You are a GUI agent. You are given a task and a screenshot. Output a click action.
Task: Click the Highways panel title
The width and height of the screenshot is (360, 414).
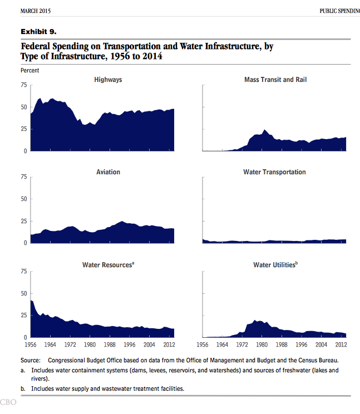tap(108, 80)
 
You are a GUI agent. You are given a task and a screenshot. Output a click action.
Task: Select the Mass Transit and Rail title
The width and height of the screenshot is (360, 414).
tap(275, 80)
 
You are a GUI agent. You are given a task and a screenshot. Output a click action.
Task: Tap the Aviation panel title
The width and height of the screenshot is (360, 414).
tap(108, 172)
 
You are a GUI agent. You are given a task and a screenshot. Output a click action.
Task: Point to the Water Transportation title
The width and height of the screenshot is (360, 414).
tap(274, 172)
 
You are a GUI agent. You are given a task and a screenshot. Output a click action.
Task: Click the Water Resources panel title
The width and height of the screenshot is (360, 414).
tap(108, 264)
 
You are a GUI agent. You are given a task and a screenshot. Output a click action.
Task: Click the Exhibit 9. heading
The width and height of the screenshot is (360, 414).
tap(38, 32)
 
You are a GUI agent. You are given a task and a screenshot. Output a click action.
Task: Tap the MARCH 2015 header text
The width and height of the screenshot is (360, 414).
tap(36, 11)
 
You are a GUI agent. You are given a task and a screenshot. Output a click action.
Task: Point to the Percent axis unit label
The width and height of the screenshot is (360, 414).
tap(30, 71)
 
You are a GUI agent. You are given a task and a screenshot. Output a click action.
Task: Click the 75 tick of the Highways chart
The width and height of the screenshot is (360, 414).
tap(24, 85)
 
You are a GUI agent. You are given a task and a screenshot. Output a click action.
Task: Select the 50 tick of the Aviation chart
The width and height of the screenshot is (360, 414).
tap(24, 199)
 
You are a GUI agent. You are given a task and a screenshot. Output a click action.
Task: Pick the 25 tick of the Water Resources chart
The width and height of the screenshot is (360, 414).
tap(24, 316)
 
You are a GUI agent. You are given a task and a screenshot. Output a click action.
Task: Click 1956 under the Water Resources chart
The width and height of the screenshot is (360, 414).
tap(31, 344)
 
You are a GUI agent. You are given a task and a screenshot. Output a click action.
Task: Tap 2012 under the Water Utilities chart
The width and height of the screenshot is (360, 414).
tap(341, 344)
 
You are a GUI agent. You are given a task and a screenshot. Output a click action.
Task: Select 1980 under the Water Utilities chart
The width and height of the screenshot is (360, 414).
tap(262, 344)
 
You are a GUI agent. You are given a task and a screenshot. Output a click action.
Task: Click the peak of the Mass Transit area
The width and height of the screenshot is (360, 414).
tap(264, 130)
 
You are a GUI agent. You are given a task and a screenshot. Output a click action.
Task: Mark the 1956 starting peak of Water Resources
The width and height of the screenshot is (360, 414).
tap(31, 300)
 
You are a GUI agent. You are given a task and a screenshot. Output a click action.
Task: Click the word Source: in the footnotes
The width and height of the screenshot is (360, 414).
tap(31, 361)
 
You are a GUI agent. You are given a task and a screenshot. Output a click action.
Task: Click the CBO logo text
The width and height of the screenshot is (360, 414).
tap(8, 402)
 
